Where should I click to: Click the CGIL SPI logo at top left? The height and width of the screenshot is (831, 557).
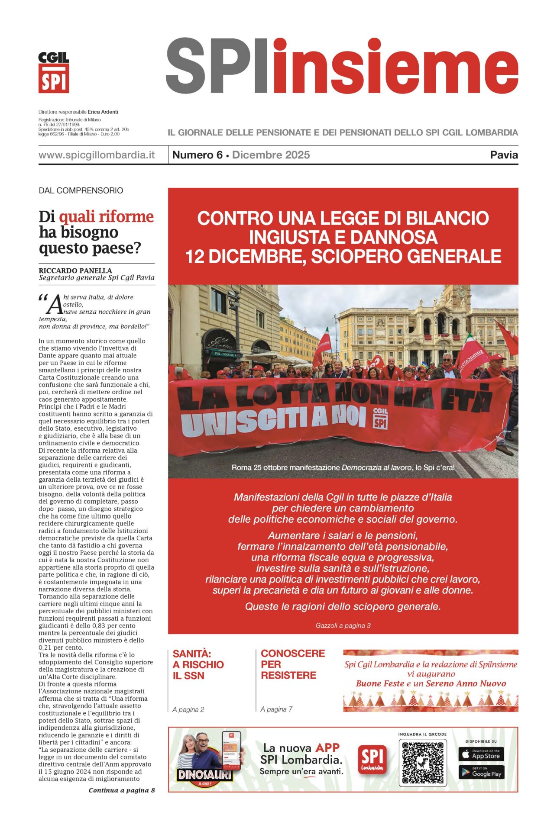pos(54,73)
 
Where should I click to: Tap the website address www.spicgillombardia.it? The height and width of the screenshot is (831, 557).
pos(97,155)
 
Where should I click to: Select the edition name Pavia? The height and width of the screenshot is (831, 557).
pos(504,155)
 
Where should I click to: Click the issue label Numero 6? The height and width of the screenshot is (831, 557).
pos(197,155)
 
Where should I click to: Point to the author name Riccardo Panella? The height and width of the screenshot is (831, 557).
pos(75,271)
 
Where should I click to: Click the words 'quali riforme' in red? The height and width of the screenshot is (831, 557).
pos(107,216)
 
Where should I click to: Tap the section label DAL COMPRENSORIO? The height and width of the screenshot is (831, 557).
pos(81,190)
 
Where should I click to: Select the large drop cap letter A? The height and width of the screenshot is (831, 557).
pos(55,304)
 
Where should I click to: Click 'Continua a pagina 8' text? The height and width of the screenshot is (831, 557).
pos(122,790)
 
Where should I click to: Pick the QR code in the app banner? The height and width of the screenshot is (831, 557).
pos(422,763)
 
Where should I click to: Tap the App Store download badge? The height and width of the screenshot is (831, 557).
pos(481,754)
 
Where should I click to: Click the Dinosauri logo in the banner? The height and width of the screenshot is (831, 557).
pos(204,775)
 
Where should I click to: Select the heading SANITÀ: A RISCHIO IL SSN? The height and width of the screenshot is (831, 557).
pos(198,665)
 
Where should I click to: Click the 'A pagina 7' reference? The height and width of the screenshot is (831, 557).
pos(276,709)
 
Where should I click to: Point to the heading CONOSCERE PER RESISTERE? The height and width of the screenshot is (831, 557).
pos(293,664)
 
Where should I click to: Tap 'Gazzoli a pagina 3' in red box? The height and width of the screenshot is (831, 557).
pos(343,625)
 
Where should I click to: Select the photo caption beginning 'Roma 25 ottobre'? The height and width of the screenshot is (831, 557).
pos(343,467)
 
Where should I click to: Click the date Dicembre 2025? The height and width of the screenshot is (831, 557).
pos(271,155)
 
